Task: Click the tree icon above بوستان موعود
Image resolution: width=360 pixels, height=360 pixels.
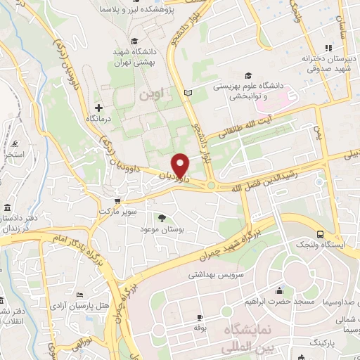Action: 162,218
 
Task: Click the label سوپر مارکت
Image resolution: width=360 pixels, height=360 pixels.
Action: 116,211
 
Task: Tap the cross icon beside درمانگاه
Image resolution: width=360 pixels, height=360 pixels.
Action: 98,108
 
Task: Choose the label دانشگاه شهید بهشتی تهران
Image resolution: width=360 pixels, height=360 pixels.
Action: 138,57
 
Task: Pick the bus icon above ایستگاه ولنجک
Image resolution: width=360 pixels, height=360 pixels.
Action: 320,234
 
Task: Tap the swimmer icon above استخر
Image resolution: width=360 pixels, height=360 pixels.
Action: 17,144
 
